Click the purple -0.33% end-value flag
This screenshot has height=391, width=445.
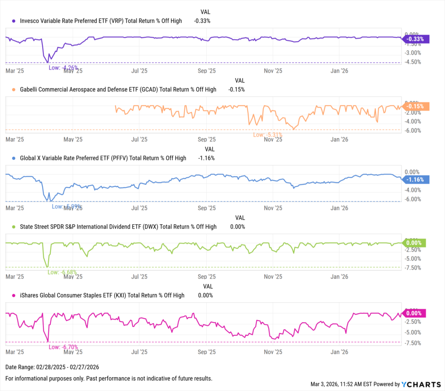coord(416,39)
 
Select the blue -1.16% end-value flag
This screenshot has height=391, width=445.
coord(416,179)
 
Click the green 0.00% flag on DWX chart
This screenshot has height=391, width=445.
coord(415,243)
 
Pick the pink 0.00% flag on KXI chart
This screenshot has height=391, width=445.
coord(415,313)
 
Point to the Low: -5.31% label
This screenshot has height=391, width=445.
coord(268,135)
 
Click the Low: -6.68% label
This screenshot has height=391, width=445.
coord(62,272)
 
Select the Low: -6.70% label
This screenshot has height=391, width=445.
coord(63,347)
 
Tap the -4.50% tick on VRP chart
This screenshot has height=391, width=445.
coord(412,62)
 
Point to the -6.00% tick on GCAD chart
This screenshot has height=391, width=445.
coord(412,130)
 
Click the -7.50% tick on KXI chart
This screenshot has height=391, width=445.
coord(412,343)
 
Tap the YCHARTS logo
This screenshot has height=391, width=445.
coord(421,384)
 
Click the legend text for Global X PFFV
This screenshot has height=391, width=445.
coord(103,158)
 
